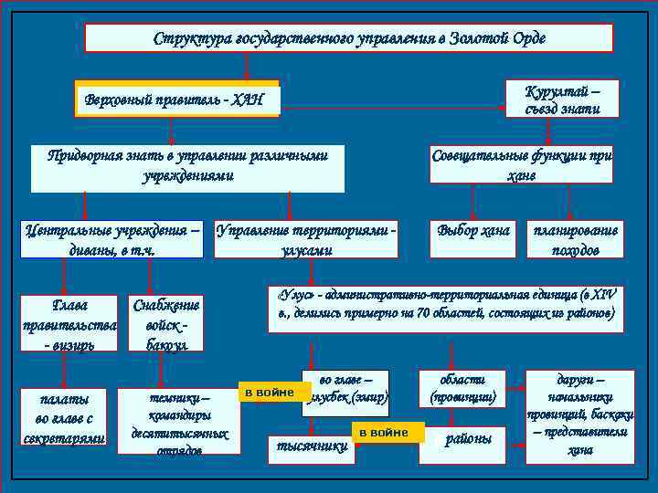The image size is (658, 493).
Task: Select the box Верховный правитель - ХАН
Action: tap(176, 100)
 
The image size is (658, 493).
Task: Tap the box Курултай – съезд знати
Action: tap(562, 99)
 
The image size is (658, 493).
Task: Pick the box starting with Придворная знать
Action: tap(187, 165)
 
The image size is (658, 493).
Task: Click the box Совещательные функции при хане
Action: tap(521, 165)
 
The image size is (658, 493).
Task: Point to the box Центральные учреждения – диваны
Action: tap(112, 240)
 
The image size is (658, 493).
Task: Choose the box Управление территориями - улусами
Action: tap(307, 240)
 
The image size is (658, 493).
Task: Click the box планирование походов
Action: tap(575, 240)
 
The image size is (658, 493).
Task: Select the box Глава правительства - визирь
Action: tap(70, 322)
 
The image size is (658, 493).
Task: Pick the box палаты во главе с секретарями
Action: tap(63, 418)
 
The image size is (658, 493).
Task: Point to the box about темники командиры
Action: tap(179, 424)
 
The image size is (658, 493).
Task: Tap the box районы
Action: tap(468, 439)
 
